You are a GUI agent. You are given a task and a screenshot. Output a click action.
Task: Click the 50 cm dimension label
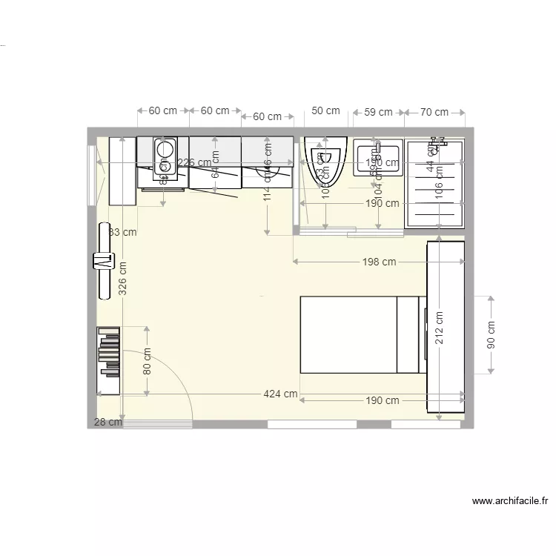(x=325, y=111)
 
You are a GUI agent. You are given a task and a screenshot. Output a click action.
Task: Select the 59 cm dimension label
(x=378, y=112)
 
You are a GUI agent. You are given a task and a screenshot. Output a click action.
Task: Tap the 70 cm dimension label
(x=434, y=112)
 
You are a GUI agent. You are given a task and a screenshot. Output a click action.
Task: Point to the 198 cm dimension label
(x=379, y=262)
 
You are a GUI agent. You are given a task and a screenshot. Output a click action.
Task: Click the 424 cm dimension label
(x=280, y=394)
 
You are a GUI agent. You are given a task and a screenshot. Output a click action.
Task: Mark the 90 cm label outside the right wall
(x=491, y=335)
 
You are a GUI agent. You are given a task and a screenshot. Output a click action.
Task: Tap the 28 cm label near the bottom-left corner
(x=107, y=423)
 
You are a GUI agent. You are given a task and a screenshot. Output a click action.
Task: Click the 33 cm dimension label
(x=123, y=232)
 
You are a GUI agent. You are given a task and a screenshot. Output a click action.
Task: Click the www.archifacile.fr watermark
(x=510, y=502)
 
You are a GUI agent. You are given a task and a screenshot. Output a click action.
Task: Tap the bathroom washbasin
(x=377, y=157)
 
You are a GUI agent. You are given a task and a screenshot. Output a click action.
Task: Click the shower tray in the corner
(x=434, y=185)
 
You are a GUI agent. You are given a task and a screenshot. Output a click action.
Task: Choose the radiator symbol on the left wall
(x=102, y=261)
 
